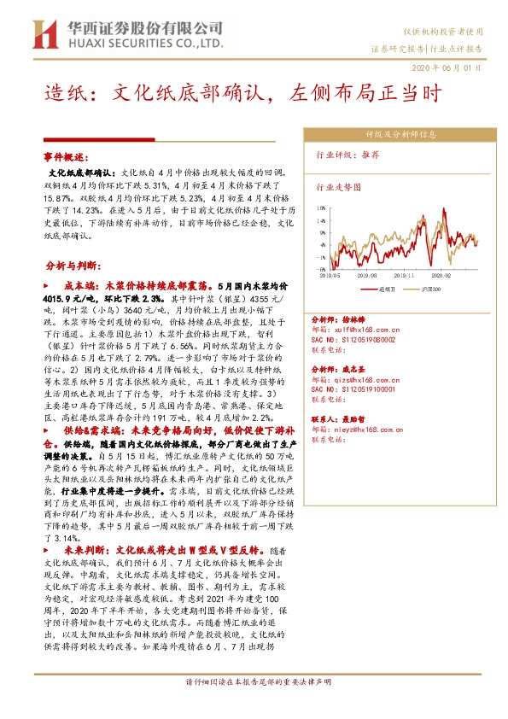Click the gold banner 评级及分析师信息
(x=400, y=134)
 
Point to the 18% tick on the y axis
(x=321, y=206)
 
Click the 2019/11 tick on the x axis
(x=405, y=275)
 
